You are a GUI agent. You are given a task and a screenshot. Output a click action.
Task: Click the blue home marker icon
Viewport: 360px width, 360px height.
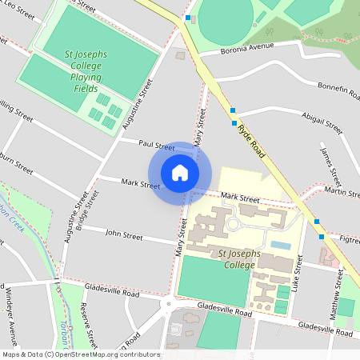[x=180, y=173]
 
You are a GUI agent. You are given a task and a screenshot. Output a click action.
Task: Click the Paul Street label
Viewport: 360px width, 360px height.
[x=156, y=146]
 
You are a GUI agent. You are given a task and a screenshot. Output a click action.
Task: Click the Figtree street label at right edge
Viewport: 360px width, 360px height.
[x=349, y=239]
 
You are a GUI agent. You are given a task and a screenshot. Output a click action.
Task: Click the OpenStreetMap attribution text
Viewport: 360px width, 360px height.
[x=80, y=354]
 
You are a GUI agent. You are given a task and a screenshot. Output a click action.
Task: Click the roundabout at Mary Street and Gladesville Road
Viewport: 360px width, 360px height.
[x=169, y=303]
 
